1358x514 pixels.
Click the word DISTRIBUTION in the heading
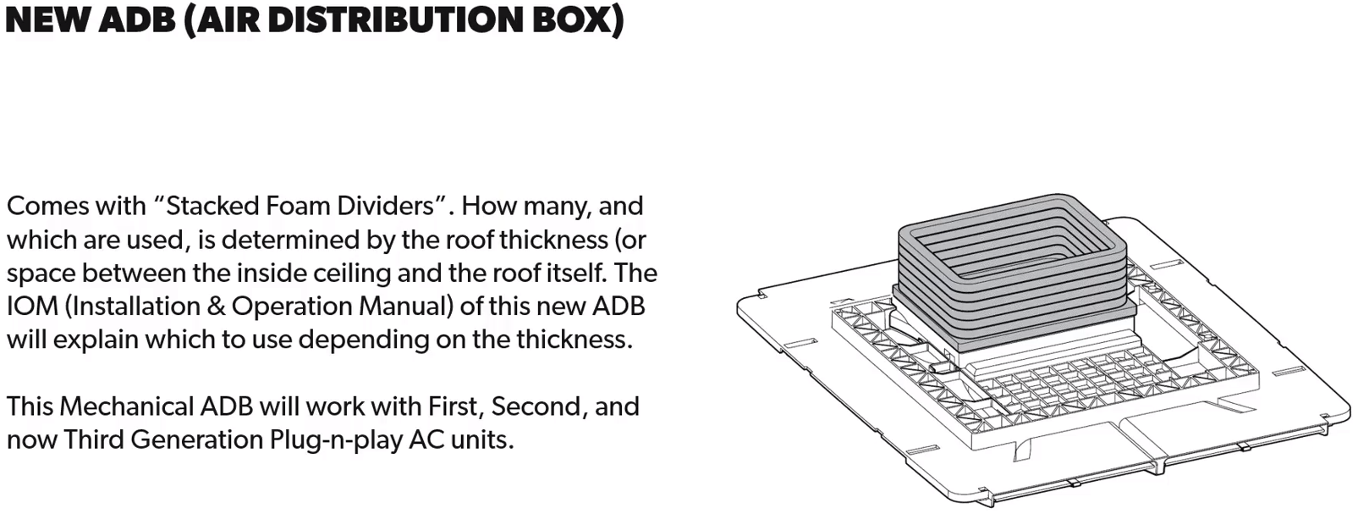coord(394,19)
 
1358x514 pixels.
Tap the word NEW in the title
coord(48,19)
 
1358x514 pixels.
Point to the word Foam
coord(297,206)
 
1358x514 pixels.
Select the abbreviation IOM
coord(32,306)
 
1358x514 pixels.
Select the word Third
coord(92,439)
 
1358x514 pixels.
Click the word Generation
coord(196,439)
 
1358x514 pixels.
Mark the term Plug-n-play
coord(336,440)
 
